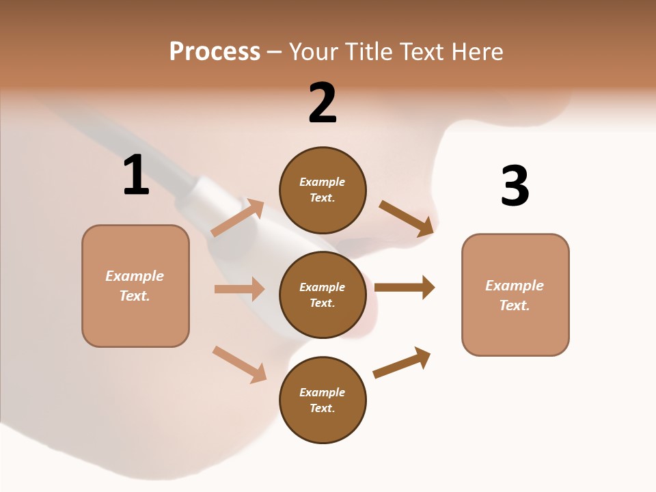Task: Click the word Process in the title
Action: [215, 52]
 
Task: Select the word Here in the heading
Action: [476, 52]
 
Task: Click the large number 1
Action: [136, 176]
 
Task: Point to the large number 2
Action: [323, 103]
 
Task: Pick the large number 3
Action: [515, 186]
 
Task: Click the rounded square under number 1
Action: [135, 286]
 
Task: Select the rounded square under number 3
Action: [515, 295]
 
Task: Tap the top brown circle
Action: [323, 190]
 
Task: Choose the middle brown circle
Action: [323, 295]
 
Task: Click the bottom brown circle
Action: [323, 400]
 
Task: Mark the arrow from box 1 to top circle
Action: [238, 217]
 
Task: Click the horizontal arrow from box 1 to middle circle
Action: [239, 289]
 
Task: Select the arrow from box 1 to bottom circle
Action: [239, 364]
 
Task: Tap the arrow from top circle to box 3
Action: [406, 218]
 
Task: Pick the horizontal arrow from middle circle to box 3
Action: [405, 287]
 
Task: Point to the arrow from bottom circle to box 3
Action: [402, 362]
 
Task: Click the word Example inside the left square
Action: [135, 276]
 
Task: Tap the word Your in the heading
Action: [315, 52]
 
